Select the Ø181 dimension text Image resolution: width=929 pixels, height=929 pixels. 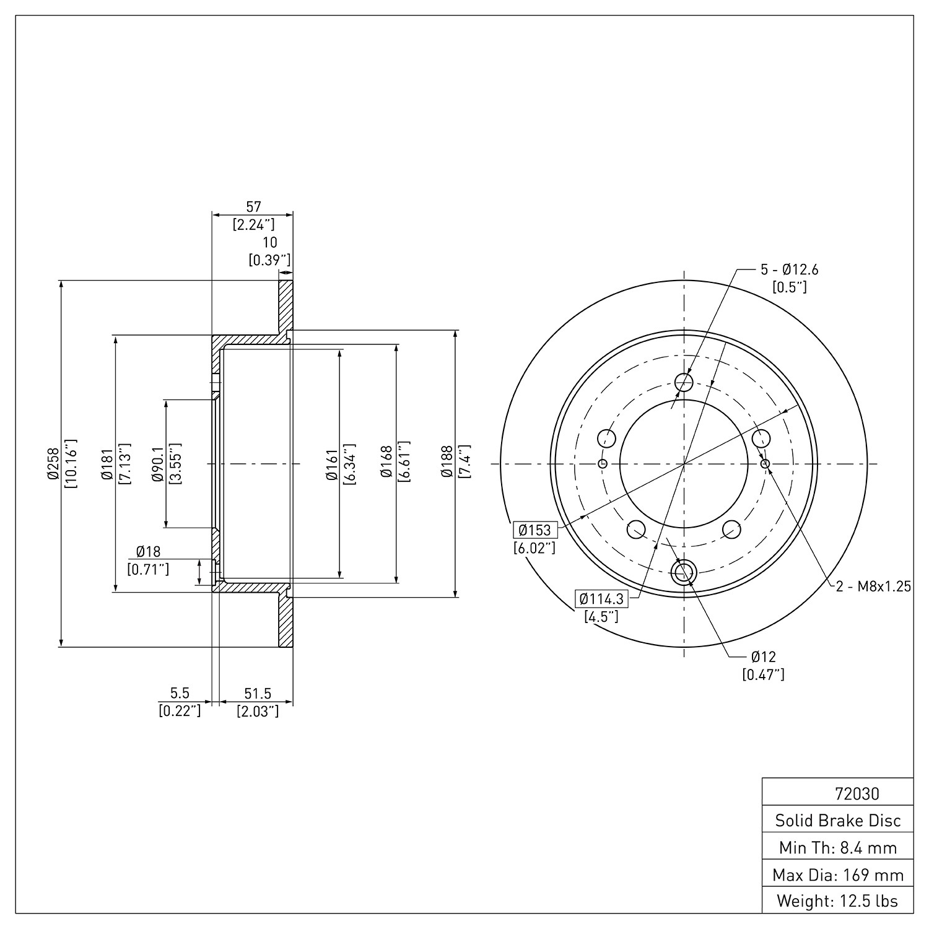click(x=106, y=463)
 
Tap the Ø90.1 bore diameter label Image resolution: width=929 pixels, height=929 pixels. click(x=157, y=463)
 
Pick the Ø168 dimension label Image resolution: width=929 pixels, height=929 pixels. click(x=386, y=463)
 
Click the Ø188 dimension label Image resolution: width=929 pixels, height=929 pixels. click(x=447, y=463)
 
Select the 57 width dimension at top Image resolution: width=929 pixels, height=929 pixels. click(x=254, y=207)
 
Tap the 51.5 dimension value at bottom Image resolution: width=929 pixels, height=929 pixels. click(x=258, y=694)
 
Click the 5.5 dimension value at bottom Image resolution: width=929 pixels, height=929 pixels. click(x=180, y=694)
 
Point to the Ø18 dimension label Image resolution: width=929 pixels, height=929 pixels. click(x=149, y=552)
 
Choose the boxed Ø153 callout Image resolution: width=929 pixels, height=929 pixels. click(x=534, y=530)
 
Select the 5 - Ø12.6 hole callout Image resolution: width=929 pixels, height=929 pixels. click(x=790, y=269)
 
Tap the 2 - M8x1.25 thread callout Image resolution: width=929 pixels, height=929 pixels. click(x=873, y=587)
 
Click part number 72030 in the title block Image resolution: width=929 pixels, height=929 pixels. click(x=857, y=794)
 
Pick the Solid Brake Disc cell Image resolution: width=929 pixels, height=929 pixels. click(x=838, y=821)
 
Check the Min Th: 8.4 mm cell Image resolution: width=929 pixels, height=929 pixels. click(x=838, y=847)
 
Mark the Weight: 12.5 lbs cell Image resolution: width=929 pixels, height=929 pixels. click(x=838, y=901)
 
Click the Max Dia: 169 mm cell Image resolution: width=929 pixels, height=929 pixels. click(x=838, y=874)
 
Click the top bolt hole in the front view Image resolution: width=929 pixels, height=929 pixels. click(x=684, y=382)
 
